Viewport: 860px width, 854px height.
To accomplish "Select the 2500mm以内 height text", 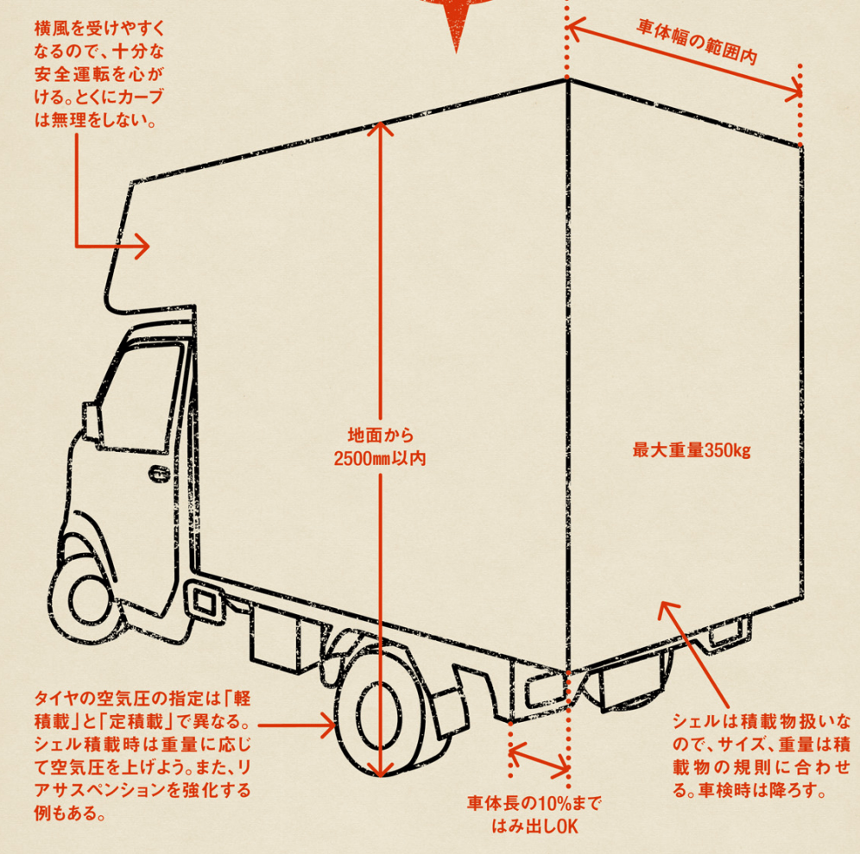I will [x=380, y=459].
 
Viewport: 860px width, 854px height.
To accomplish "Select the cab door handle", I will [x=160, y=474].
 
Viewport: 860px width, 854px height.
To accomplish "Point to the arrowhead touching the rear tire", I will [x=328, y=725].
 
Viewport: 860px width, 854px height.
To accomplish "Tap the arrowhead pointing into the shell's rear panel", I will [x=667, y=608].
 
